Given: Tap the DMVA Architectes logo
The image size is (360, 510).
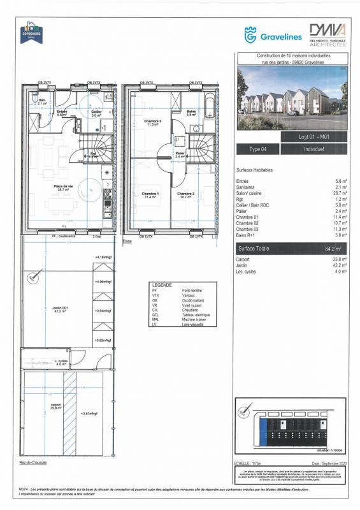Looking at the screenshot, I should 327,35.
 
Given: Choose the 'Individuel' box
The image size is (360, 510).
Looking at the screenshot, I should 314,149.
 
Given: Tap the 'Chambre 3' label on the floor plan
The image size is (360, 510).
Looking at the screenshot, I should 152,122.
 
